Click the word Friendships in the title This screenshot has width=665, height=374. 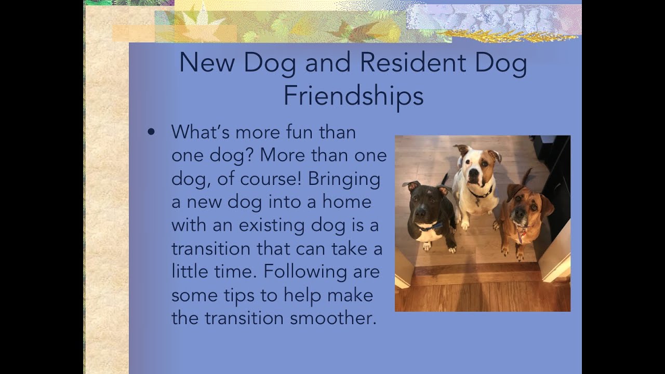[x=353, y=96]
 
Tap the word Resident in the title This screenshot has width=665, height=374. [x=413, y=63]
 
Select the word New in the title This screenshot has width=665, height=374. [x=207, y=63]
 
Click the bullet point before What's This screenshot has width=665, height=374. [x=151, y=132]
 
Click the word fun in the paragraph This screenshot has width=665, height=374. [x=298, y=132]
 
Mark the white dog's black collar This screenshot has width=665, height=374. [x=480, y=194]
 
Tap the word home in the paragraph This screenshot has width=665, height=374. [x=349, y=202]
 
